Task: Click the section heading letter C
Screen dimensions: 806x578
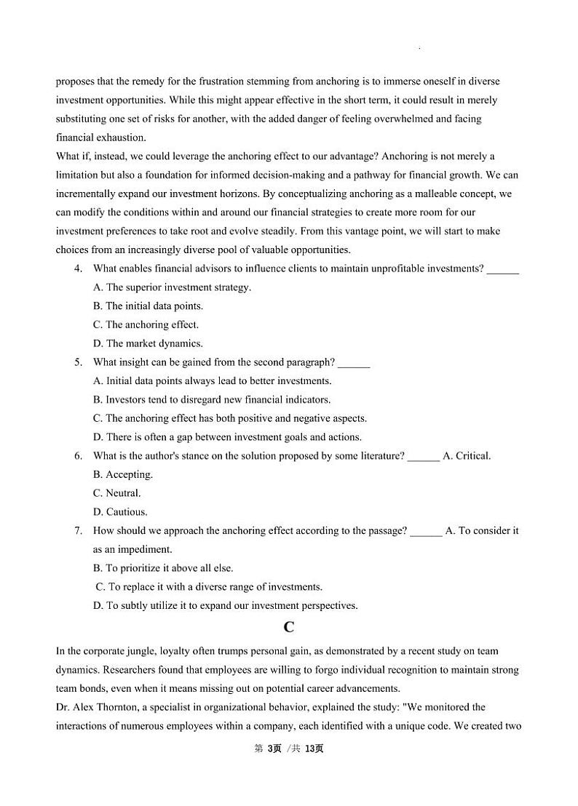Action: tap(289, 627)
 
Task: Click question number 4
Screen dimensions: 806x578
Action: tap(78, 268)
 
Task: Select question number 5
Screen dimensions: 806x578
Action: tap(78, 362)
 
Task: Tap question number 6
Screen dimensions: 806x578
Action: tap(78, 456)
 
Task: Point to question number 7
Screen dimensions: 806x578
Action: tap(78, 531)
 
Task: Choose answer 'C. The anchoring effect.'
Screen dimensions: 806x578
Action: tap(146, 325)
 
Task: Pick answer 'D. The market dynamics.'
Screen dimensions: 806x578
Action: tap(148, 343)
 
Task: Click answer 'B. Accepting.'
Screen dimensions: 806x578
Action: tap(123, 475)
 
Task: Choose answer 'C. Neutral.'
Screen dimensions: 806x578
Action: tap(117, 493)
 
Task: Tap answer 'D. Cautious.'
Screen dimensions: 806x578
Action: tap(120, 512)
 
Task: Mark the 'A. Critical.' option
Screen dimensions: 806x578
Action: tap(467, 456)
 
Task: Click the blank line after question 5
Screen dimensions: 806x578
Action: tap(354, 364)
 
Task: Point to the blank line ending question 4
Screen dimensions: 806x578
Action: tap(502, 270)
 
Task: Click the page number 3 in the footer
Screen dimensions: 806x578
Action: tap(269, 749)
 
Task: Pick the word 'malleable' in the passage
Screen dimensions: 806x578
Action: tap(421, 193)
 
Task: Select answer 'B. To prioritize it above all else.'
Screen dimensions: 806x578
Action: tap(163, 568)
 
